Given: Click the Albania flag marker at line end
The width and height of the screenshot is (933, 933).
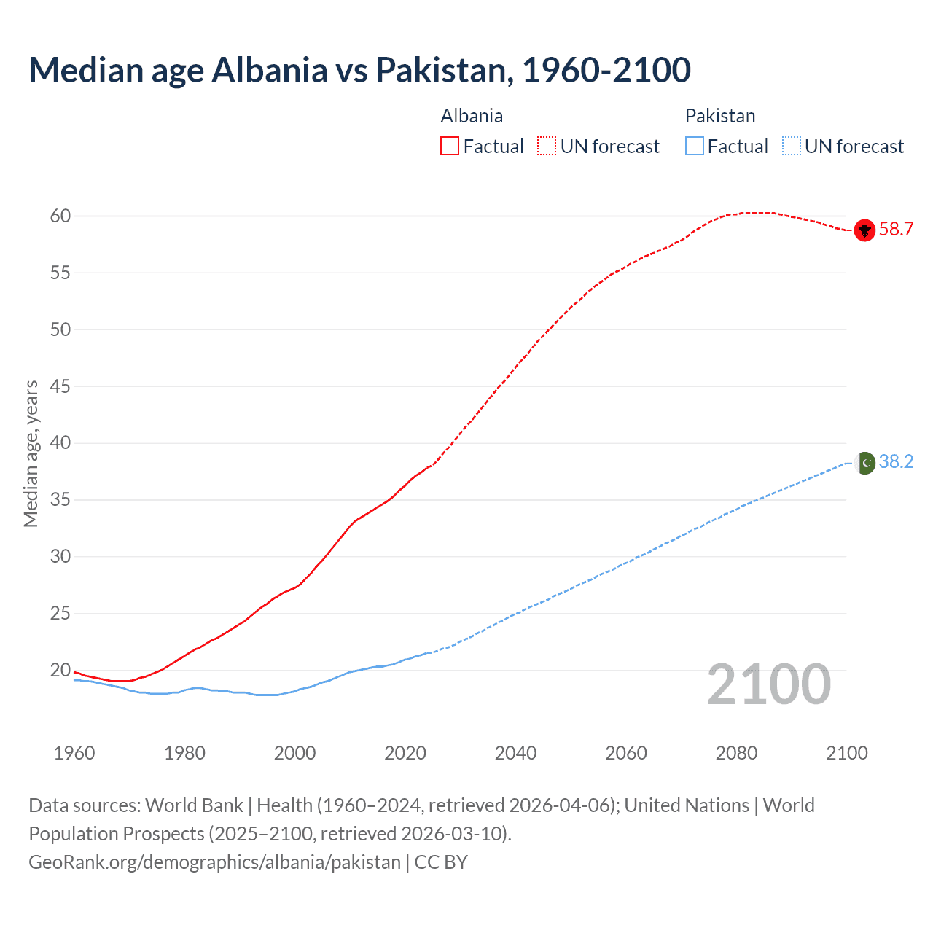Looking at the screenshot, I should (x=864, y=230).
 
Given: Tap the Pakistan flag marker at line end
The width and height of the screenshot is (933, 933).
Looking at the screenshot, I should (x=864, y=463).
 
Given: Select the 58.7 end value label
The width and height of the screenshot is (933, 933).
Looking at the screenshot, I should (x=896, y=230).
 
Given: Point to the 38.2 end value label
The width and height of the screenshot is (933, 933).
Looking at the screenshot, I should (x=896, y=462).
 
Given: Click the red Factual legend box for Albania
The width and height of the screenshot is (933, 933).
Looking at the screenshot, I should (x=450, y=147).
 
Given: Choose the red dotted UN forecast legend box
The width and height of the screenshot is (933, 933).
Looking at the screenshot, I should (x=547, y=147).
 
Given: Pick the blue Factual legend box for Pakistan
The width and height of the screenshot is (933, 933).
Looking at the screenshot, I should (x=694, y=147).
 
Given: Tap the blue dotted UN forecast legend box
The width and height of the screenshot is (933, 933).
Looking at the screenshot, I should (x=791, y=147).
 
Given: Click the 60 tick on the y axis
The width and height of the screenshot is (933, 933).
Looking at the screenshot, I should (x=60, y=216).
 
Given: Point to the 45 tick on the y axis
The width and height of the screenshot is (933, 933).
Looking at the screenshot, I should (x=60, y=386).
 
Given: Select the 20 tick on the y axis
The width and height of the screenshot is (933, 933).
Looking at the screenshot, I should (x=60, y=670).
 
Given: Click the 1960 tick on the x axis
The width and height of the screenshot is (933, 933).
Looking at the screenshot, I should (x=74, y=753).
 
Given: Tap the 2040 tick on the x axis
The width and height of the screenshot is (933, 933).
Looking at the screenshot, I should (x=515, y=753).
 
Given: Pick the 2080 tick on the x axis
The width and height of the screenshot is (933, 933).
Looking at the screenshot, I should (x=736, y=753).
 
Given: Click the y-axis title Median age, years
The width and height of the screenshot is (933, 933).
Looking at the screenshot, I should (x=31, y=453).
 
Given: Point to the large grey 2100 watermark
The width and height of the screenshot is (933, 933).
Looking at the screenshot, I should (x=768, y=684).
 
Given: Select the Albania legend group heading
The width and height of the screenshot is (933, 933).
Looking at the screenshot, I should (x=472, y=116).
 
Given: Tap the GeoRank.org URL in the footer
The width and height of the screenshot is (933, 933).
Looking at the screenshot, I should (x=214, y=862).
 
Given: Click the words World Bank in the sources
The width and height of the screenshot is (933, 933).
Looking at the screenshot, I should (x=194, y=805).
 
